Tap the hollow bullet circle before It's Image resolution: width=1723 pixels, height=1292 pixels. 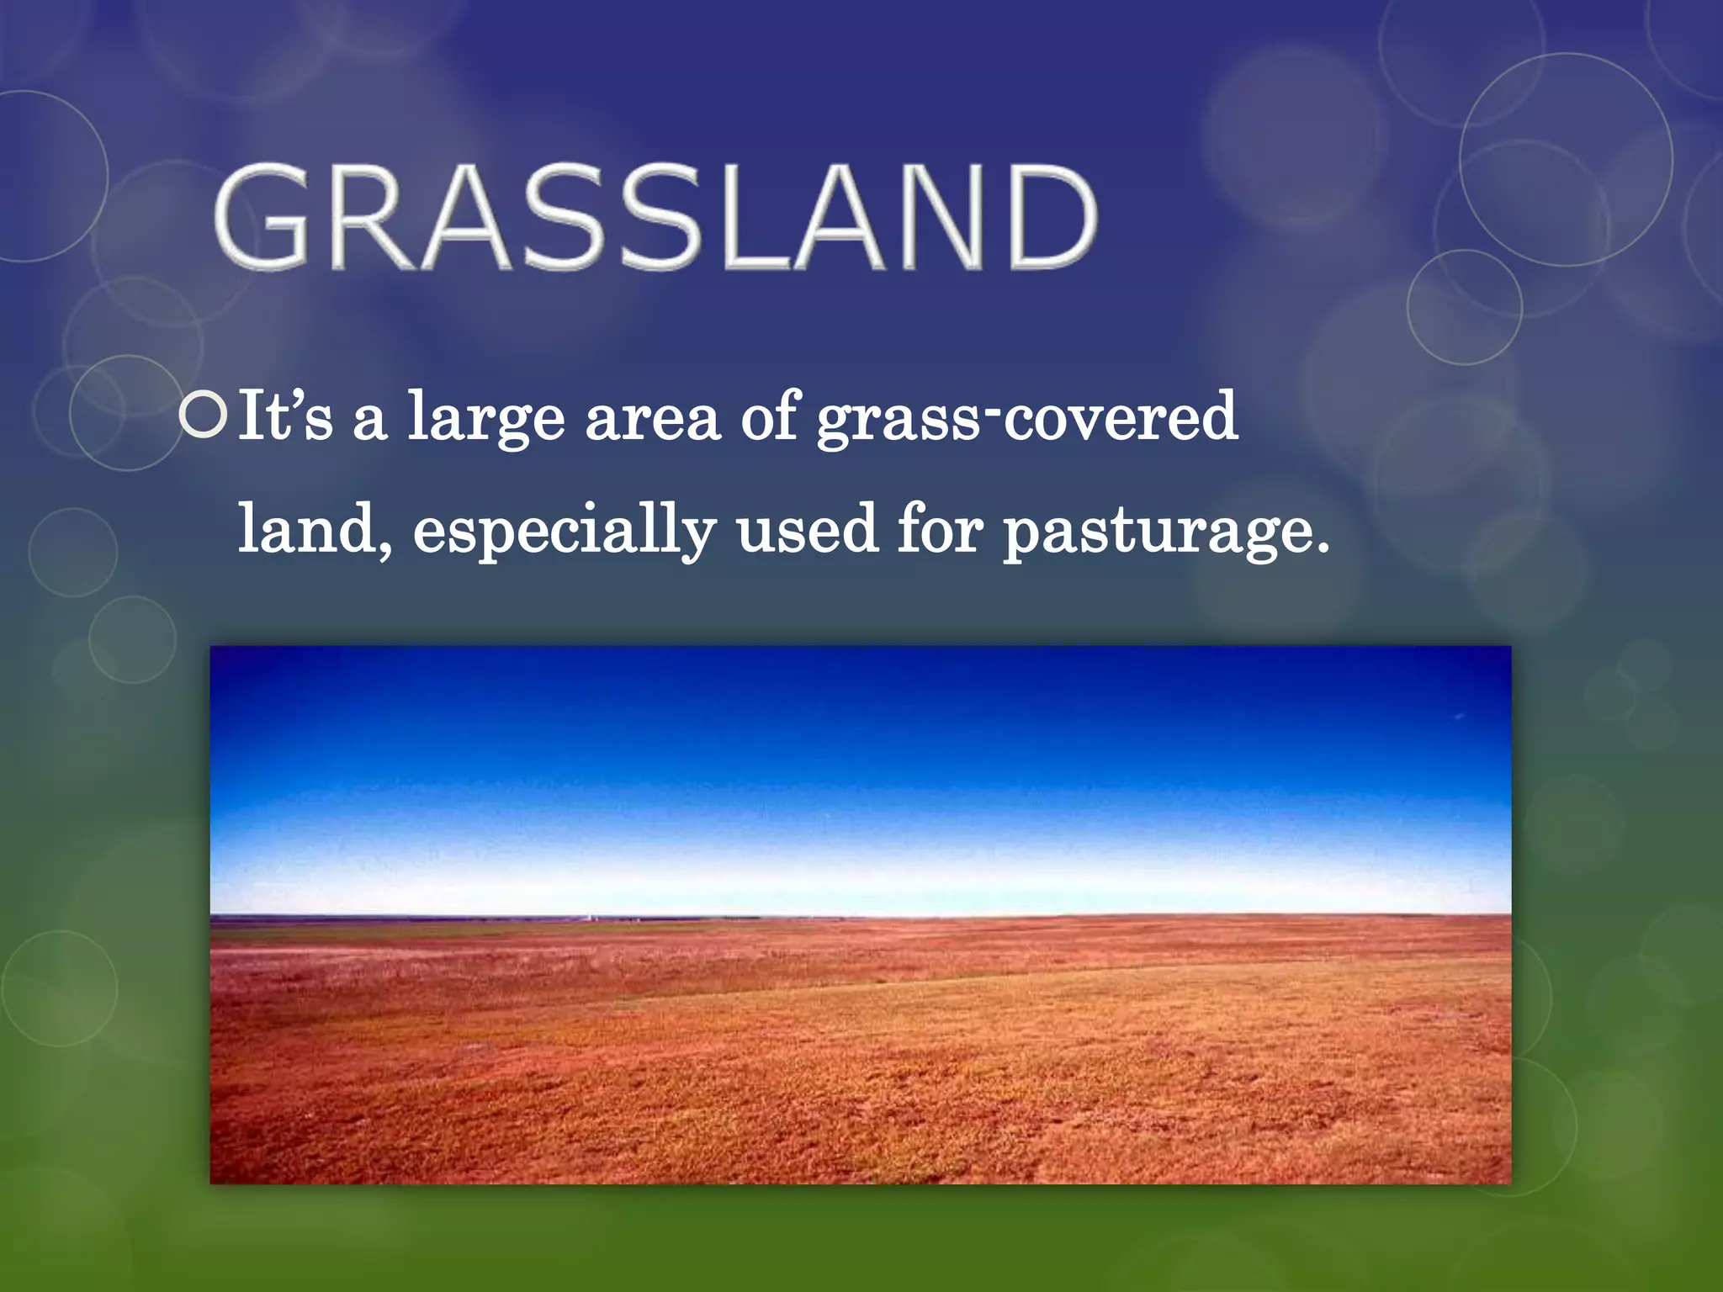tap(204, 415)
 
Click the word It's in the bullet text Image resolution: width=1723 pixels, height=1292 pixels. tap(284, 416)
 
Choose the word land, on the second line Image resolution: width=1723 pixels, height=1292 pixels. tap(315, 530)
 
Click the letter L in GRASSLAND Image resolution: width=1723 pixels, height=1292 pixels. tap(749, 217)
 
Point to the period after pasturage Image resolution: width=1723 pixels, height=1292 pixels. tap(1322, 549)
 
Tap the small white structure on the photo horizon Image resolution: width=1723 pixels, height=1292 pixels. tap(590, 915)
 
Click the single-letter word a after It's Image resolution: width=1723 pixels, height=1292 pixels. tap(369, 422)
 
